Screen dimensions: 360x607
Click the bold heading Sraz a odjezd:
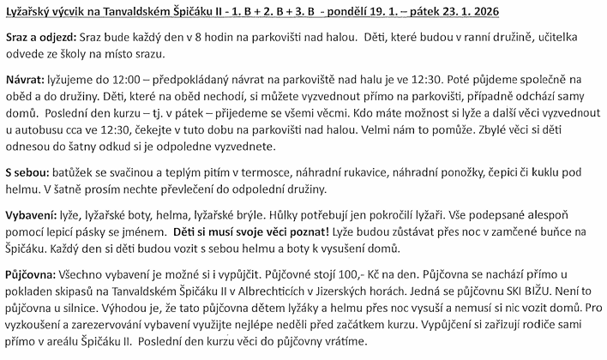click(40, 39)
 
